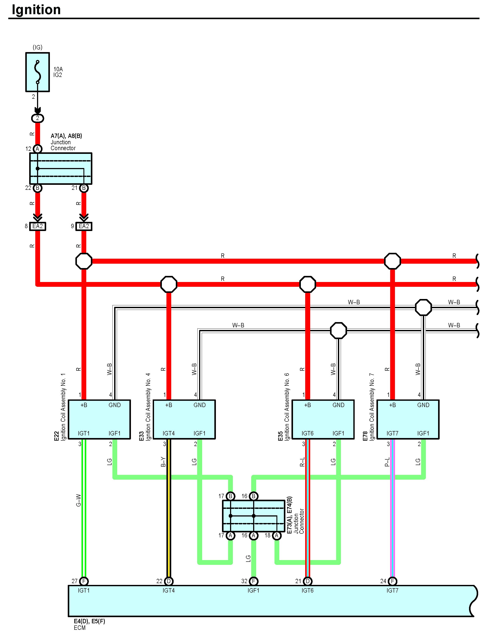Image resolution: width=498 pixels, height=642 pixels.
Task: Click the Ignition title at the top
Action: (x=36, y=10)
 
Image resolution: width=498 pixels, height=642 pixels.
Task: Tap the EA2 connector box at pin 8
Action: (x=38, y=226)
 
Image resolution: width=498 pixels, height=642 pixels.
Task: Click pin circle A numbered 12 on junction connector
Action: (x=37, y=149)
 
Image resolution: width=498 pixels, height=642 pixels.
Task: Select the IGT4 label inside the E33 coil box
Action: (x=169, y=433)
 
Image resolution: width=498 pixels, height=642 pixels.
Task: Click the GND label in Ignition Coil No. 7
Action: (x=423, y=405)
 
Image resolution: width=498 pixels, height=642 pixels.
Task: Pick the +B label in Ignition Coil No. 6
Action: (x=307, y=405)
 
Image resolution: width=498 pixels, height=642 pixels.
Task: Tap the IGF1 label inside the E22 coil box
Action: (x=115, y=433)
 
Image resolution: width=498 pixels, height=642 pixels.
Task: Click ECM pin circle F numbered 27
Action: (x=84, y=581)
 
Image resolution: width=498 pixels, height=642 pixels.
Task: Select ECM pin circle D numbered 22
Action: (x=169, y=581)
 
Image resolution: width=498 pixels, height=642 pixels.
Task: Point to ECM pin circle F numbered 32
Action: (x=254, y=581)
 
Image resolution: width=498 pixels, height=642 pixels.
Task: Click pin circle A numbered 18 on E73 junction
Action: (x=276, y=536)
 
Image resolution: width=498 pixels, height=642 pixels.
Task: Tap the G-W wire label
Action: (x=78, y=500)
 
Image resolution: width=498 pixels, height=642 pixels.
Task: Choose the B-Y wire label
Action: (x=163, y=462)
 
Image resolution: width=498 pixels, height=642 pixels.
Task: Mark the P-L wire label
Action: (x=387, y=462)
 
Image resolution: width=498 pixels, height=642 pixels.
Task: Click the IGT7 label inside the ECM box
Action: (x=393, y=591)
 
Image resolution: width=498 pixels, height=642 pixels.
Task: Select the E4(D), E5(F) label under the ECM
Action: (x=89, y=621)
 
